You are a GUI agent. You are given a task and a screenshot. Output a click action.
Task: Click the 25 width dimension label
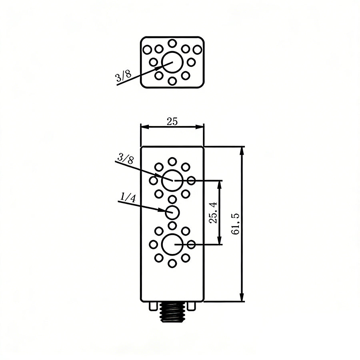coord(172,122)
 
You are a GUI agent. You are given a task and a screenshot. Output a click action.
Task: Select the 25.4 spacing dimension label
coord(213,212)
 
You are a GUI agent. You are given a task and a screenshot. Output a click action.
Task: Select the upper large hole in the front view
coord(172,180)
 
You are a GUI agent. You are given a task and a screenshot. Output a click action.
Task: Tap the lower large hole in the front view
coord(172,244)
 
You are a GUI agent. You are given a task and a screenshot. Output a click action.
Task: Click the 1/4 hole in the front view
coord(172,212)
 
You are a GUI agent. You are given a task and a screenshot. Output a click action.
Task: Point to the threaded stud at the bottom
coord(172,312)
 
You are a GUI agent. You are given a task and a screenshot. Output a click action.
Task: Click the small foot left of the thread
coord(152,306)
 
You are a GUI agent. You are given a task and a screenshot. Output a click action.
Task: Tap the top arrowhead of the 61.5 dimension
coord(242,150)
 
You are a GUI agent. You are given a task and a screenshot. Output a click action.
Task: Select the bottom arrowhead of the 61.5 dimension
coord(242,298)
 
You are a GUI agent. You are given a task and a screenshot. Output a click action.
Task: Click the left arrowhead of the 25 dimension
coord(144,127)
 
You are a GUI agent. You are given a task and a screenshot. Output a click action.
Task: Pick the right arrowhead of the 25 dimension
coord(201,127)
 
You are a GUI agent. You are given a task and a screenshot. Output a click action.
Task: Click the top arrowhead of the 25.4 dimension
coord(219,184)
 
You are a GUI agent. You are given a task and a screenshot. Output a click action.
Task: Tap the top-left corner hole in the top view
coord(148,50)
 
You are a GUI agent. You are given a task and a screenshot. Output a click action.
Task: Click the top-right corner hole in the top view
coord(197,50)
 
